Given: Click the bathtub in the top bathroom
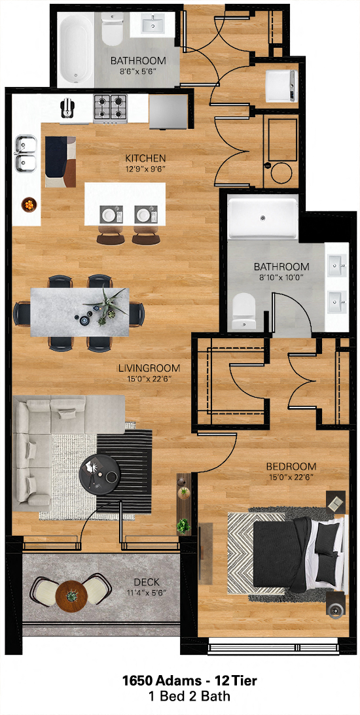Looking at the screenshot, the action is click(75, 49).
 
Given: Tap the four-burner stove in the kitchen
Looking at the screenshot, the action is click(111, 109).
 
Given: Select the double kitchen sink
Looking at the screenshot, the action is click(26, 153).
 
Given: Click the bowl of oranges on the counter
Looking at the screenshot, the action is click(28, 204).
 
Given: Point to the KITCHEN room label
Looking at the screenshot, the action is click(145, 159).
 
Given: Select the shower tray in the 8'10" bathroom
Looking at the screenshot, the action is click(262, 217).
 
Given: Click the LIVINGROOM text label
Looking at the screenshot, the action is click(149, 368).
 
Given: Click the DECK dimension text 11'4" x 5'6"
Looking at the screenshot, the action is click(146, 593).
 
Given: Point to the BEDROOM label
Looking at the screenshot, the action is click(291, 466).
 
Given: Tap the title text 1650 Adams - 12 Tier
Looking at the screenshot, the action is click(189, 681).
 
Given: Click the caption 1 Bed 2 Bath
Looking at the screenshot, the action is click(189, 697).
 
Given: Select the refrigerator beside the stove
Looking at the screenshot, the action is click(168, 112).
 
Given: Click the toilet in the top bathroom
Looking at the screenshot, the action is click(111, 28).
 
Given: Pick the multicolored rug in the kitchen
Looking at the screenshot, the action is click(60, 162).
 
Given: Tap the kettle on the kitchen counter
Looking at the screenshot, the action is click(67, 108).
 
